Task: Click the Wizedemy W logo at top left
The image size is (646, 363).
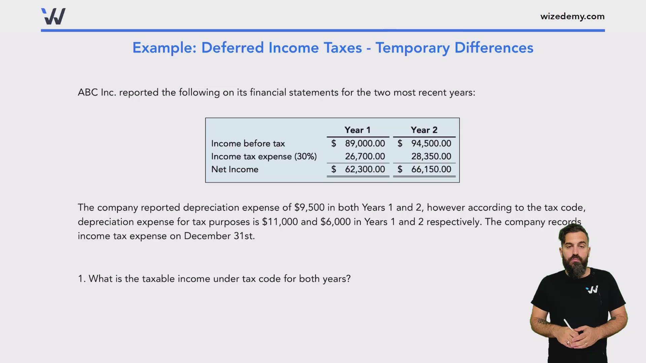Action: click(x=53, y=16)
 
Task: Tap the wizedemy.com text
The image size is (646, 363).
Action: click(x=572, y=16)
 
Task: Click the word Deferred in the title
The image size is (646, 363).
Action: click(x=232, y=48)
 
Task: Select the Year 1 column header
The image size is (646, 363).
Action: click(x=357, y=130)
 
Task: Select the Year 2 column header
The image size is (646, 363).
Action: click(x=424, y=130)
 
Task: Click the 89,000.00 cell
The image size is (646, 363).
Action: click(x=365, y=144)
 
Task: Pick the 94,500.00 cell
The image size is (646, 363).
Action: click(x=431, y=144)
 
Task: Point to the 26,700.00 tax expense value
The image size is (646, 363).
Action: click(x=365, y=156)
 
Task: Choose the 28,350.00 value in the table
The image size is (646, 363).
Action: click(x=431, y=156)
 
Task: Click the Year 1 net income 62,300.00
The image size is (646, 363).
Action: click(x=365, y=169)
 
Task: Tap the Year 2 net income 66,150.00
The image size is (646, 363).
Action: click(x=431, y=169)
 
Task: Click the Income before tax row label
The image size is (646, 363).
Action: click(x=248, y=144)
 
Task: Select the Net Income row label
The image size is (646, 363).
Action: click(x=235, y=169)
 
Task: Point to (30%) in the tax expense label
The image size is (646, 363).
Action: click(x=306, y=157)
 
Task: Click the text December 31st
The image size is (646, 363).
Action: click(x=219, y=236)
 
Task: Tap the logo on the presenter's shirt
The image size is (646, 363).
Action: click(x=592, y=289)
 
